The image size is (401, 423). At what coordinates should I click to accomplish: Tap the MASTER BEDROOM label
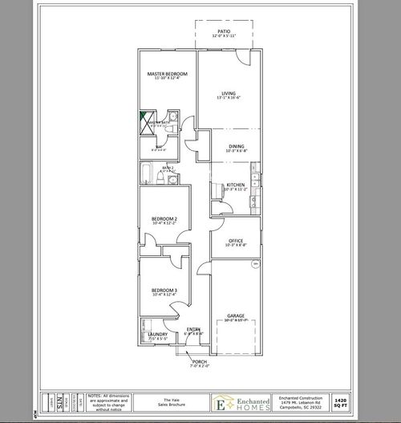167,74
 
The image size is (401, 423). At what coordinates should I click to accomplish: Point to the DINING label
236,146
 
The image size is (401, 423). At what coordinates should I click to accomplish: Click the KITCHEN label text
235,185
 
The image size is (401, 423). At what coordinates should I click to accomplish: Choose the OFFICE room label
235,240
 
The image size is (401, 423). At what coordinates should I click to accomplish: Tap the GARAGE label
235,315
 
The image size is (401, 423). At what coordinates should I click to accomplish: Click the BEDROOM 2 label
164,218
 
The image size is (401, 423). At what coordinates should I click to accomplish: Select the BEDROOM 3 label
164,290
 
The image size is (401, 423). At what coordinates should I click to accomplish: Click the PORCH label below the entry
200,362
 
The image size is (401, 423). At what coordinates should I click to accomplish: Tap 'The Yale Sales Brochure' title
166,401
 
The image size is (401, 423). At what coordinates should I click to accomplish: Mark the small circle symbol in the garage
255,263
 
